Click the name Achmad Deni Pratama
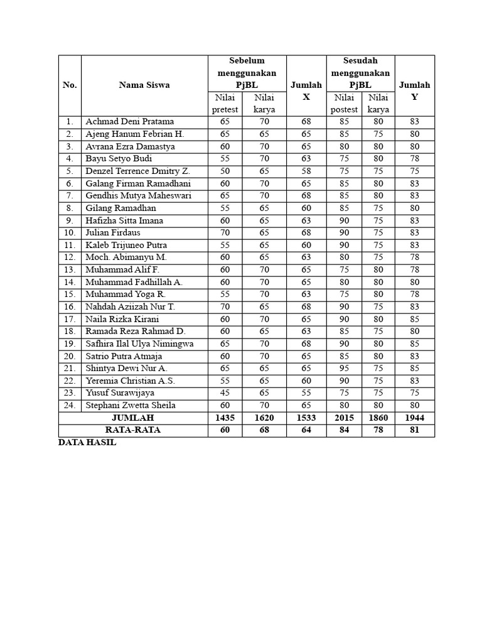129,122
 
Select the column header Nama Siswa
144,85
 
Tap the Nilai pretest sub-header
225,104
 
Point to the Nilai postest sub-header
344,104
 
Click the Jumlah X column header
306,91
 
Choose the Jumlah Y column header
414,91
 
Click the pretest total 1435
225,418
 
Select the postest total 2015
344,418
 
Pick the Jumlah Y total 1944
414,418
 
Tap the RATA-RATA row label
132,430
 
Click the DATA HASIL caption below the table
87,443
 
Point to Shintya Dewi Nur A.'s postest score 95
344,369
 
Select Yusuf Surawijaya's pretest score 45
225,393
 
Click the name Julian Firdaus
113,233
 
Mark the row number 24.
69,406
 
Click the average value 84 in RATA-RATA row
344,430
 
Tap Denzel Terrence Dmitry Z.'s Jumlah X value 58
306,171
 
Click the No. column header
70,85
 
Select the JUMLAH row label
132,418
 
